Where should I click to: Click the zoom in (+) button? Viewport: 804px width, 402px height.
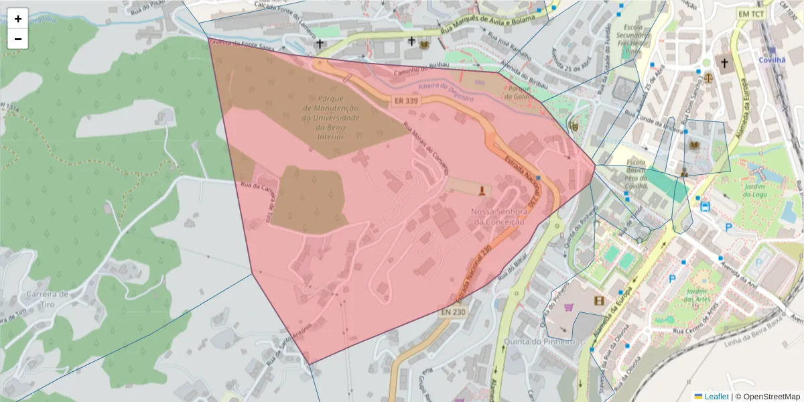(18, 19)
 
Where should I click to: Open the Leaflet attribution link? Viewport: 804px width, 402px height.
(716, 396)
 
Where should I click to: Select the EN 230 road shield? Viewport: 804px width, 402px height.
(454, 312)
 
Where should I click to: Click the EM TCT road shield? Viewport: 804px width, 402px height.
(750, 14)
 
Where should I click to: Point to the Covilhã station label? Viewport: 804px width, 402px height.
(771, 59)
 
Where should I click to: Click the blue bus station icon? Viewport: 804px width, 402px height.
(705, 206)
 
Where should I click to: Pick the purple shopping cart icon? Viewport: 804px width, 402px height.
(569, 307)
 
